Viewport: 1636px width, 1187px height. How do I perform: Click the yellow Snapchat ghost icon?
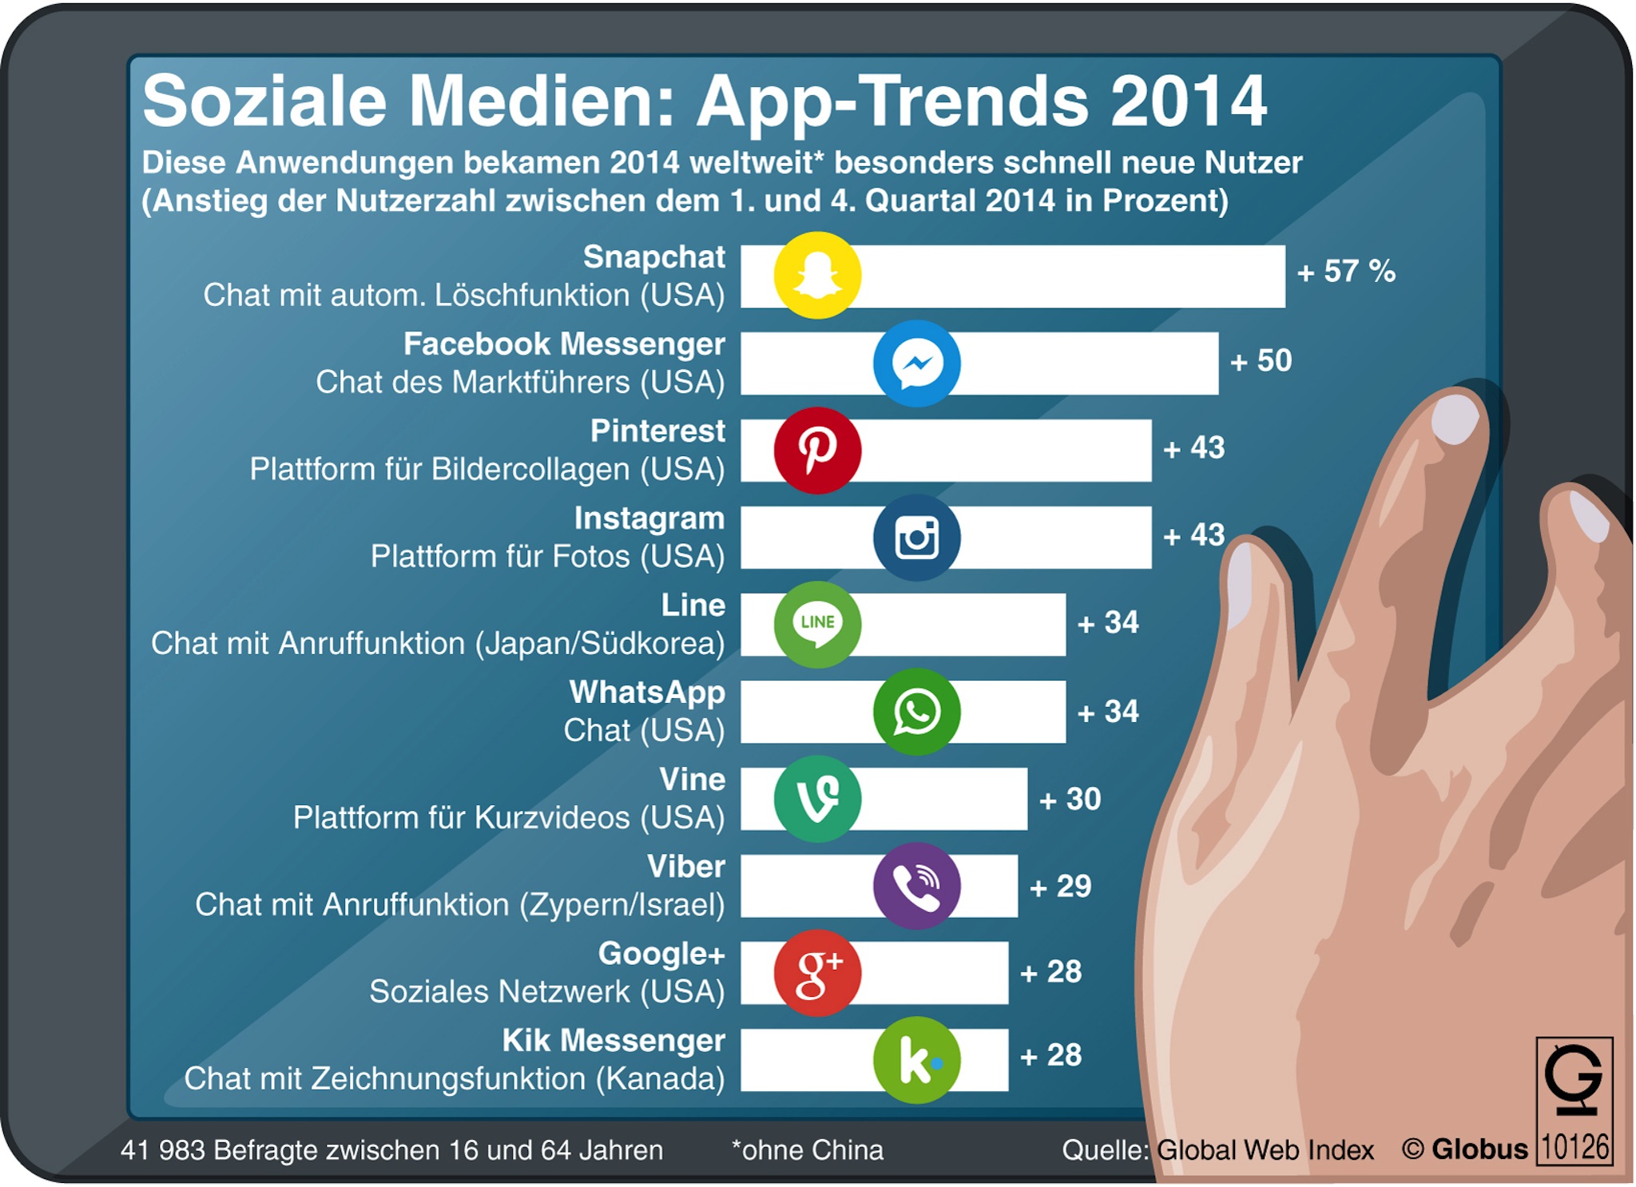point(817,276)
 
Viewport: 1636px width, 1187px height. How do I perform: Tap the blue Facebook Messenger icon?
point(916,363)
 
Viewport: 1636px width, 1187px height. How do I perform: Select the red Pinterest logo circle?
point(817,451)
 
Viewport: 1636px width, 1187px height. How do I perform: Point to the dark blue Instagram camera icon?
point(916,538)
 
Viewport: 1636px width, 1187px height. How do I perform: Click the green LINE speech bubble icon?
point(817,625)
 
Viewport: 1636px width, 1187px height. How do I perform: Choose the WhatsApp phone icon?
point(916,712)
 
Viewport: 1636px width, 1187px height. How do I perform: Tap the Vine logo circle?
point(817,799)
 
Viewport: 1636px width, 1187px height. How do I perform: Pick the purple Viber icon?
point(916,886)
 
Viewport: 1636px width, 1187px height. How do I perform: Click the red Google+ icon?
point(817,973)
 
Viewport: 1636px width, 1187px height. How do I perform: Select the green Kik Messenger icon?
point(916,1060)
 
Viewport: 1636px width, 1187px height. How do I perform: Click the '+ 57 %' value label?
point(1346,272)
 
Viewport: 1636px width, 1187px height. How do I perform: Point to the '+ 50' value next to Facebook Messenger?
point(1261,361)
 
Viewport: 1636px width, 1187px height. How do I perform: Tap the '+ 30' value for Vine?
point(1070,800)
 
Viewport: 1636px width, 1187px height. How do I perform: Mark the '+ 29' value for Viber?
point(1061,887)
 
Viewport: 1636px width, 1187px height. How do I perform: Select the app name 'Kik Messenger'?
point(613,1041)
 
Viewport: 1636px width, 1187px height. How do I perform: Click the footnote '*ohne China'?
point(808,1150)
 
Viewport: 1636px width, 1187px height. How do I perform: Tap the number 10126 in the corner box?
point(1574,1147)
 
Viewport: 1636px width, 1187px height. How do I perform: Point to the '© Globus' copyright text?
point(1465,1149)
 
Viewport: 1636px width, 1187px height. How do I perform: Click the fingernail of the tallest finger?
point(1455,419)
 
